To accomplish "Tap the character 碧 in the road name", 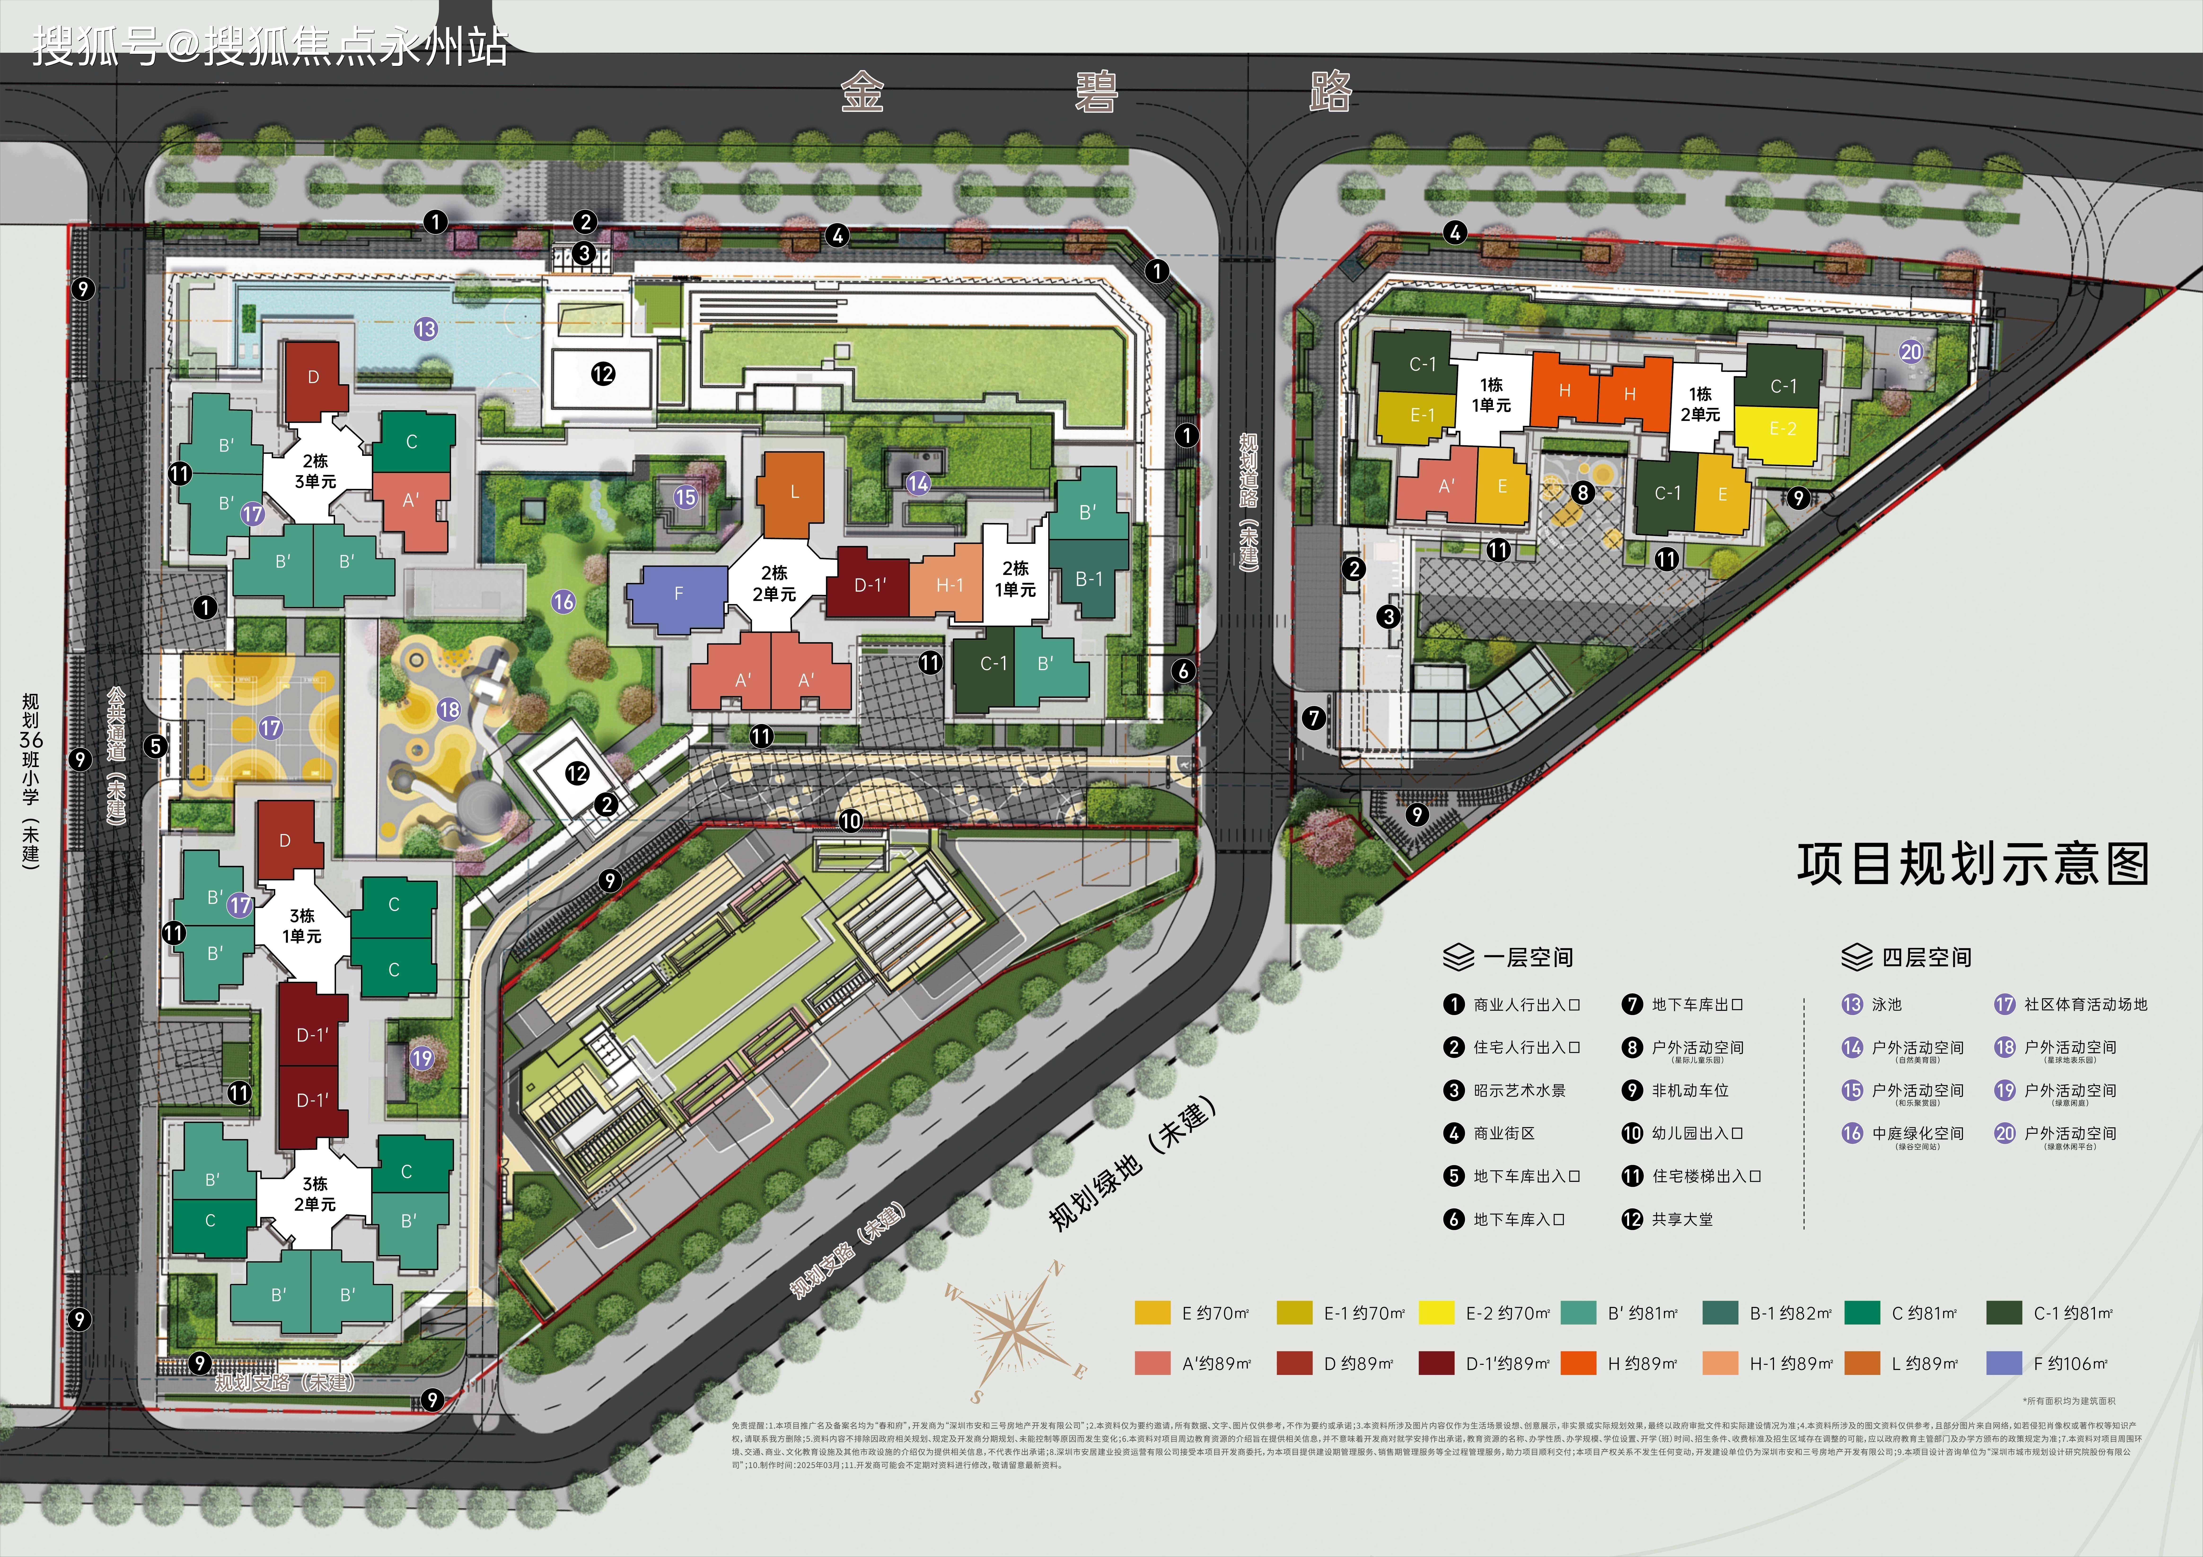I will (x=1096, y=93).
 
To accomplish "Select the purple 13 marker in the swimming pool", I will (x=425, y=329).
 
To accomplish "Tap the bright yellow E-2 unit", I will (x=1782, y=430).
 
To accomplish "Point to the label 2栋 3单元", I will (x=315, y=471).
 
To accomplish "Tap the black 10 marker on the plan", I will (x=850, y=821).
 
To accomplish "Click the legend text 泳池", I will (x=1886, y=1004).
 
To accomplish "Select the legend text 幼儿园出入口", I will (x=1696, y=1133).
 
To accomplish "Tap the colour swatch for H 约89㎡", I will (x=1577, y=1363).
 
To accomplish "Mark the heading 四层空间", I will (x=1926, y=957).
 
